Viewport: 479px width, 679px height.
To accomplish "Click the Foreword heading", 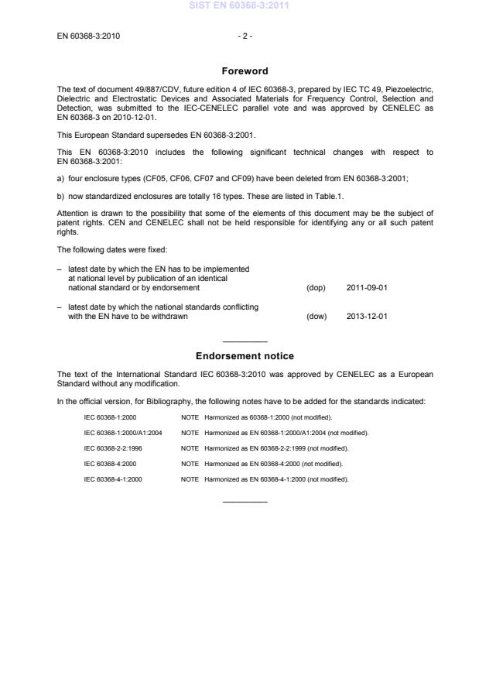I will pyautogui.click(x=245, y=71).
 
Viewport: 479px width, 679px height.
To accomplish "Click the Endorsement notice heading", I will pyautogui.click(x=245, y=356).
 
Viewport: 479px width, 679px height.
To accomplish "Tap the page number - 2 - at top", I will pyautogui.click(x=245, y=36).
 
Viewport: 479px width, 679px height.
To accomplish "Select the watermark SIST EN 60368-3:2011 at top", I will pyautogui.click(x=239, y=6).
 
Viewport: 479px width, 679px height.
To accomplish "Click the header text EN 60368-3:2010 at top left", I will pyautogui.click(x=88, y=36).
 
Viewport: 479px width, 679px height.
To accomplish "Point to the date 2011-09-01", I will pyautogui.click(x=367, y=287).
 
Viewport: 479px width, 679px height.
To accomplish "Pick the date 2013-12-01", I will pyautogui.click(x=367, y=316).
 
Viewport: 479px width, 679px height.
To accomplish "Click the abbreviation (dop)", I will pyautogui.click(x=316, y=287).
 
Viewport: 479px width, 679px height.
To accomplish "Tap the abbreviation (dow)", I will pyautogui.click(x=316, y=316).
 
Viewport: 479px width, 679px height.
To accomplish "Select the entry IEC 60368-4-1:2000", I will pyautogui.click(x=113, y=479).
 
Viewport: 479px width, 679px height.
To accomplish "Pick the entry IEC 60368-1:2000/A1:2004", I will pyautogui.click(x=123, y=433).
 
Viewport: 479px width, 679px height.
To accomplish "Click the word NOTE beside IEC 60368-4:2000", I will pyautogui.click(x=190, y=464).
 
